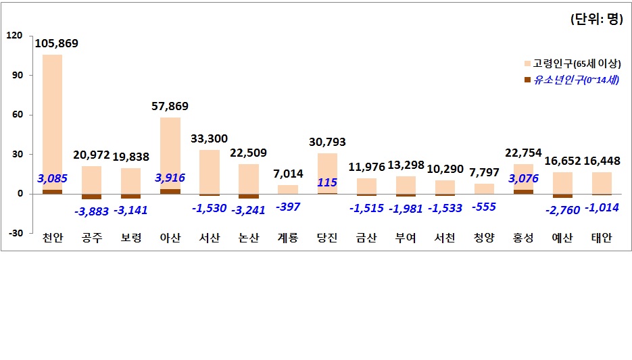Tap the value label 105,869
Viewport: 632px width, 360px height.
(x=56, y=44)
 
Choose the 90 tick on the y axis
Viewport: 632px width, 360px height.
(x=16, y=75)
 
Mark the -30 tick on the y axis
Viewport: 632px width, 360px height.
(x=15, y=233)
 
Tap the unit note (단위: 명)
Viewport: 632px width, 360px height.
(x=595, y=20)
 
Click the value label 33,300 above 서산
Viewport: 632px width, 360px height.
(x=210, y=139)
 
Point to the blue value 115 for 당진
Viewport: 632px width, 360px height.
(x=327, y=182)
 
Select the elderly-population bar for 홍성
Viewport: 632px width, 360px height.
(x=523, y=176)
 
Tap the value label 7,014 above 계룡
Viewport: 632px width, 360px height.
(x=288, y=174)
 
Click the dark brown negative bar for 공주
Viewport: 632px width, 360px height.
(x=91, y=197)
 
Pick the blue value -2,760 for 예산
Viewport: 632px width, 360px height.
(x=562, y=210)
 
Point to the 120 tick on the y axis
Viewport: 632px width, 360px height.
(x=15, y=35)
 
